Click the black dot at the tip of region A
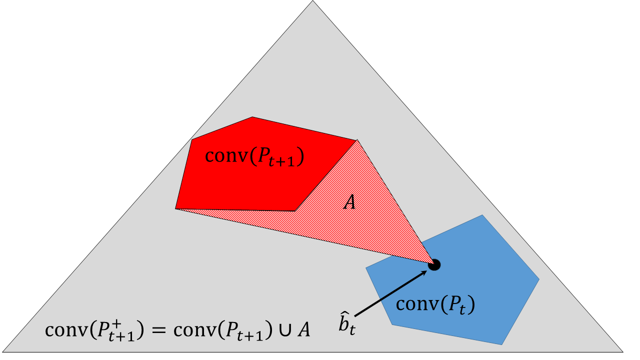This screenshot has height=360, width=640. [x=434, y=265]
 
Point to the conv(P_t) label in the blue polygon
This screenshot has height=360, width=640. [x=435, y=305]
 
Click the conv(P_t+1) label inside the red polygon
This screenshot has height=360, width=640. [x=254, y=157]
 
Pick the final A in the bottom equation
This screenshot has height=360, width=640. [x=303, y=329]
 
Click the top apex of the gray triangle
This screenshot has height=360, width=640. [x=313, y=1]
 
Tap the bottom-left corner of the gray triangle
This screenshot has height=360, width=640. [x=3, y=351]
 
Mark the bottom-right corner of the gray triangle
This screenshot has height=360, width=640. [x=623, y=351]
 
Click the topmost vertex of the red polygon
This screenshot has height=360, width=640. [x=252, y=116]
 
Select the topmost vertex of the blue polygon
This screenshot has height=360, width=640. [x=482, y=215]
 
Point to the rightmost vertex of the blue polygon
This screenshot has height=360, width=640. [x=539, y=279]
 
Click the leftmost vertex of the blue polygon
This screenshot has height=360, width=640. [x=366, y=267]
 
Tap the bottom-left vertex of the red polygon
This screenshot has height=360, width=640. [x=175, y=209]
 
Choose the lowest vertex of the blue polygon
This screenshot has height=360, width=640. [x=501, y=344]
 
